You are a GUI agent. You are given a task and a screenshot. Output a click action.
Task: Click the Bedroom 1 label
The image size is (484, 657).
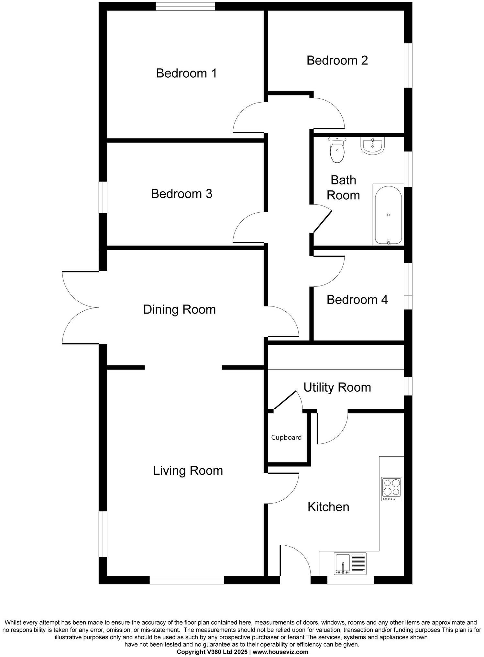point(186,73)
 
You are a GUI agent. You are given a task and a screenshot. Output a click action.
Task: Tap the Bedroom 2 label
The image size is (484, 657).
point(337,61)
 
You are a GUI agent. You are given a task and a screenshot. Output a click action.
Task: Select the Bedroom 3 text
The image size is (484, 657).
point(181,194)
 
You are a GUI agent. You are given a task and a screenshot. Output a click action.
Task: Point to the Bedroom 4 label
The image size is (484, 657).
point(357,300)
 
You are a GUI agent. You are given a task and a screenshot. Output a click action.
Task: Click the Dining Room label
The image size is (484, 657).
point(179,309)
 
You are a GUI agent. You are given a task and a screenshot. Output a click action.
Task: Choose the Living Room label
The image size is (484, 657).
point(188,471)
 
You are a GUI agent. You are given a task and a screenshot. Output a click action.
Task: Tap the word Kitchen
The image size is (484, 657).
point(328,507)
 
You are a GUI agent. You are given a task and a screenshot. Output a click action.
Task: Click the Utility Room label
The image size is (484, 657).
point(337,387)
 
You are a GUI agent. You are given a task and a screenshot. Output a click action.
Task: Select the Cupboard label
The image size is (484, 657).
point(286,438)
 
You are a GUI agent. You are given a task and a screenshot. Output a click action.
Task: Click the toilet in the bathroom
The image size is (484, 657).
point(337,150)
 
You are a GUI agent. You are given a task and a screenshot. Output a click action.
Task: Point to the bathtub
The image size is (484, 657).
point(388,215)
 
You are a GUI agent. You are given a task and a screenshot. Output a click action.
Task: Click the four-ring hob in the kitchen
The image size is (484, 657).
point(392,489)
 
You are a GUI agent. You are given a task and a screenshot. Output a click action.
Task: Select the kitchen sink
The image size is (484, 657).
point(350,563)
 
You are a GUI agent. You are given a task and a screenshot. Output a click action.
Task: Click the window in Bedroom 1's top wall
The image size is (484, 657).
point(185,6)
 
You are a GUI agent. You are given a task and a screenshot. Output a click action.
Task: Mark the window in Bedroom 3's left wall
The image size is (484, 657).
point(103,197)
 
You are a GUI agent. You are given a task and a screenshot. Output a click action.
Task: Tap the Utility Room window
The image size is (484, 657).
point(408,386)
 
